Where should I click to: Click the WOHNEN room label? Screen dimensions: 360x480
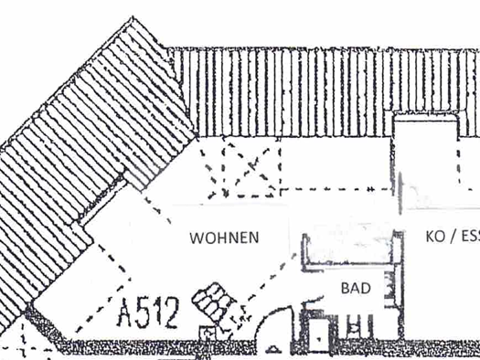pos(224,238)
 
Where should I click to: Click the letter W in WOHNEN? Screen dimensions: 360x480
pos(196,238)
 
